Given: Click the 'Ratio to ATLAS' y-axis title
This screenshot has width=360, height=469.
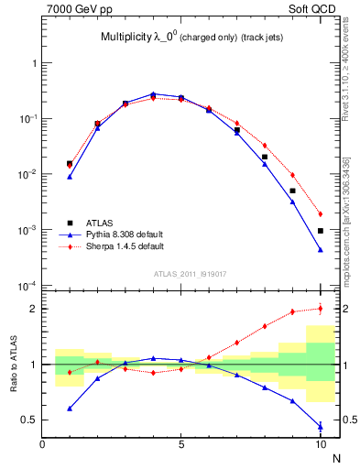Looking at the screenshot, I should (x=12, y=365).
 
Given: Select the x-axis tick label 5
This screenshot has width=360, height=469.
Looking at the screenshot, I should (x=181, y=444).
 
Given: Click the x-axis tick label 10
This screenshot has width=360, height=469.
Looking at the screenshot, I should (x=320, y=444).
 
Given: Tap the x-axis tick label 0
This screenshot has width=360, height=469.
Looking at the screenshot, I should (x=42, y=444).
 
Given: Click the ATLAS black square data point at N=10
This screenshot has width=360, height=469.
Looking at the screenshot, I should (x=321, y=231).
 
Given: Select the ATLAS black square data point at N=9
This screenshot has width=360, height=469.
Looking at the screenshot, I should (x=293, y=191).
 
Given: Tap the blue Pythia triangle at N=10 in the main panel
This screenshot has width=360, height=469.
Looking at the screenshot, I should (x=321, y=249).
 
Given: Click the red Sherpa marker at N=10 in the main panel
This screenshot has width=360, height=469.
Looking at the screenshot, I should (x=321, y=214).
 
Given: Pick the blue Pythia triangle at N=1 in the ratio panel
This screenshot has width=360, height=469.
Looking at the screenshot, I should (x=70, y=409).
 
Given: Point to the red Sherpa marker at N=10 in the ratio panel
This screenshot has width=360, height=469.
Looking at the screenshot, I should (x=321, y=308).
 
